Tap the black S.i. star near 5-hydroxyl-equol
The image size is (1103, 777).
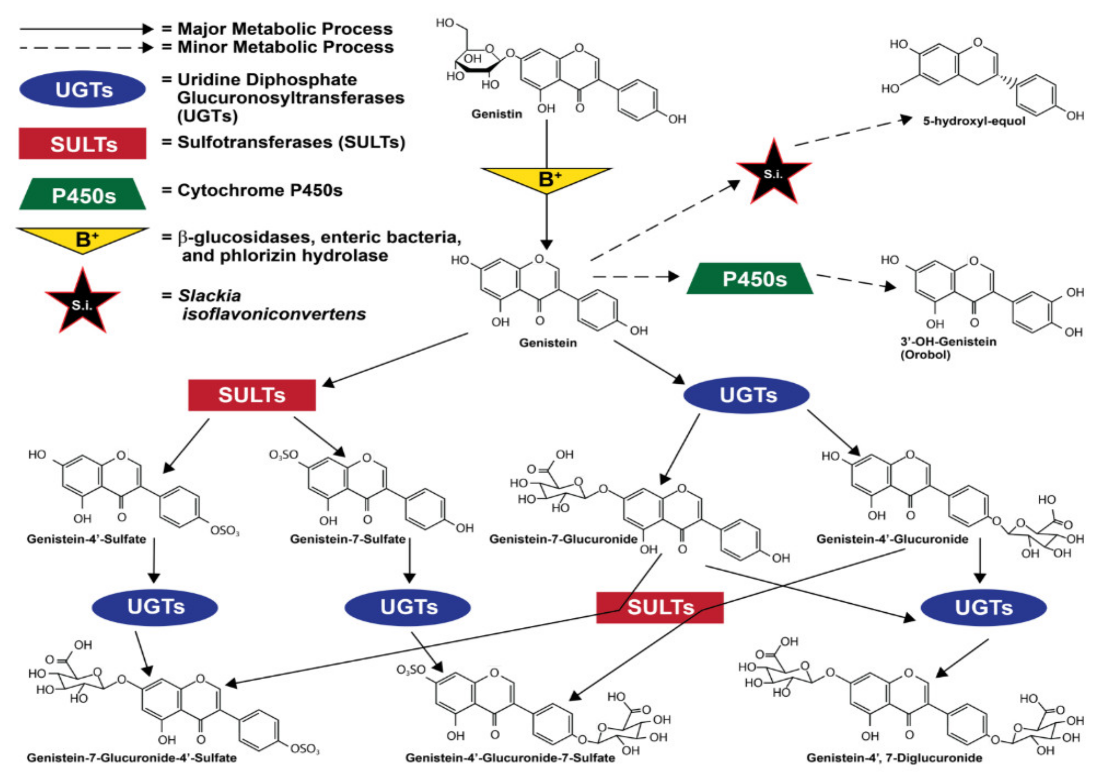tap(773, 173)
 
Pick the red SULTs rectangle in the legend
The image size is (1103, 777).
tap(83, 143)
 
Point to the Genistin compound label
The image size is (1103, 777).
tap(496, 114)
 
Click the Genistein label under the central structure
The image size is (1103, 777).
tap(548, 343)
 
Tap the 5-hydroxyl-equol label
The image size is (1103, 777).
tap(974, 121)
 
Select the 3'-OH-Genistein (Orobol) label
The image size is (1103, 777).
tap(948, 348)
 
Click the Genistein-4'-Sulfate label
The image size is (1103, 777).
tap(86, 539)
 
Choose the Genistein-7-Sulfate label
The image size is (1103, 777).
tap(348, 539)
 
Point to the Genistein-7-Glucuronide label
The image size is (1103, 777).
tap(563, 539)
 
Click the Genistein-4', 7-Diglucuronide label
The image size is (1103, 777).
tap(894, 758)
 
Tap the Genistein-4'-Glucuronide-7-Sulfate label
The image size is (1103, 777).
tap(510, 758)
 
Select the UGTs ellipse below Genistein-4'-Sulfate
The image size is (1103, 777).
tap(155, 607)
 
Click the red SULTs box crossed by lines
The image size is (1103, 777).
tap(659, 608)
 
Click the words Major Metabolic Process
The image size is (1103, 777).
tap(285, 29)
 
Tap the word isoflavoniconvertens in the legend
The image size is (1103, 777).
tap(274, 314)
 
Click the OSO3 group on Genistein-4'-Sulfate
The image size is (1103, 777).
tap(225, 531)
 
